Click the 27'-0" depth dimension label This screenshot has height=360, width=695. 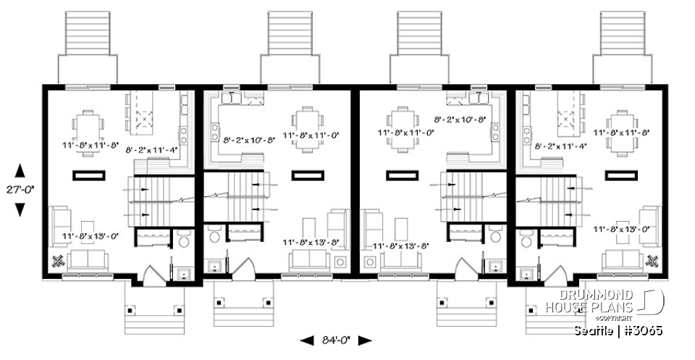pos(20,191)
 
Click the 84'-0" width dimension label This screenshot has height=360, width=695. pos(334,340)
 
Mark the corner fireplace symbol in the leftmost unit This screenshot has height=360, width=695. pos(58,261)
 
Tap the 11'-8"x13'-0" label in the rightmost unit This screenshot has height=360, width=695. pos(620,229)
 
